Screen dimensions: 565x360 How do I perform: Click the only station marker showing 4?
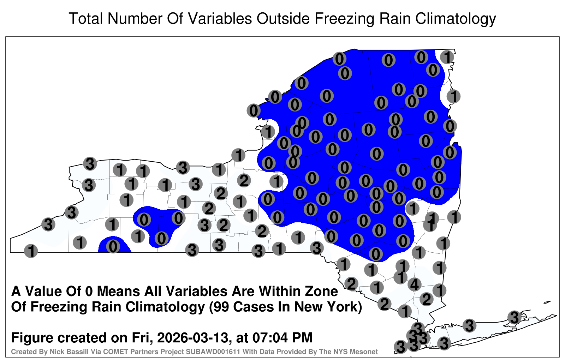click(415, 284)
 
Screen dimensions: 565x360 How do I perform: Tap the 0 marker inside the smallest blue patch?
click(113, 246)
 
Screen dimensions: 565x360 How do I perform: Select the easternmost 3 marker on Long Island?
click(514, 317)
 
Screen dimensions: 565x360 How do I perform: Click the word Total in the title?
click(86, 18)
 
